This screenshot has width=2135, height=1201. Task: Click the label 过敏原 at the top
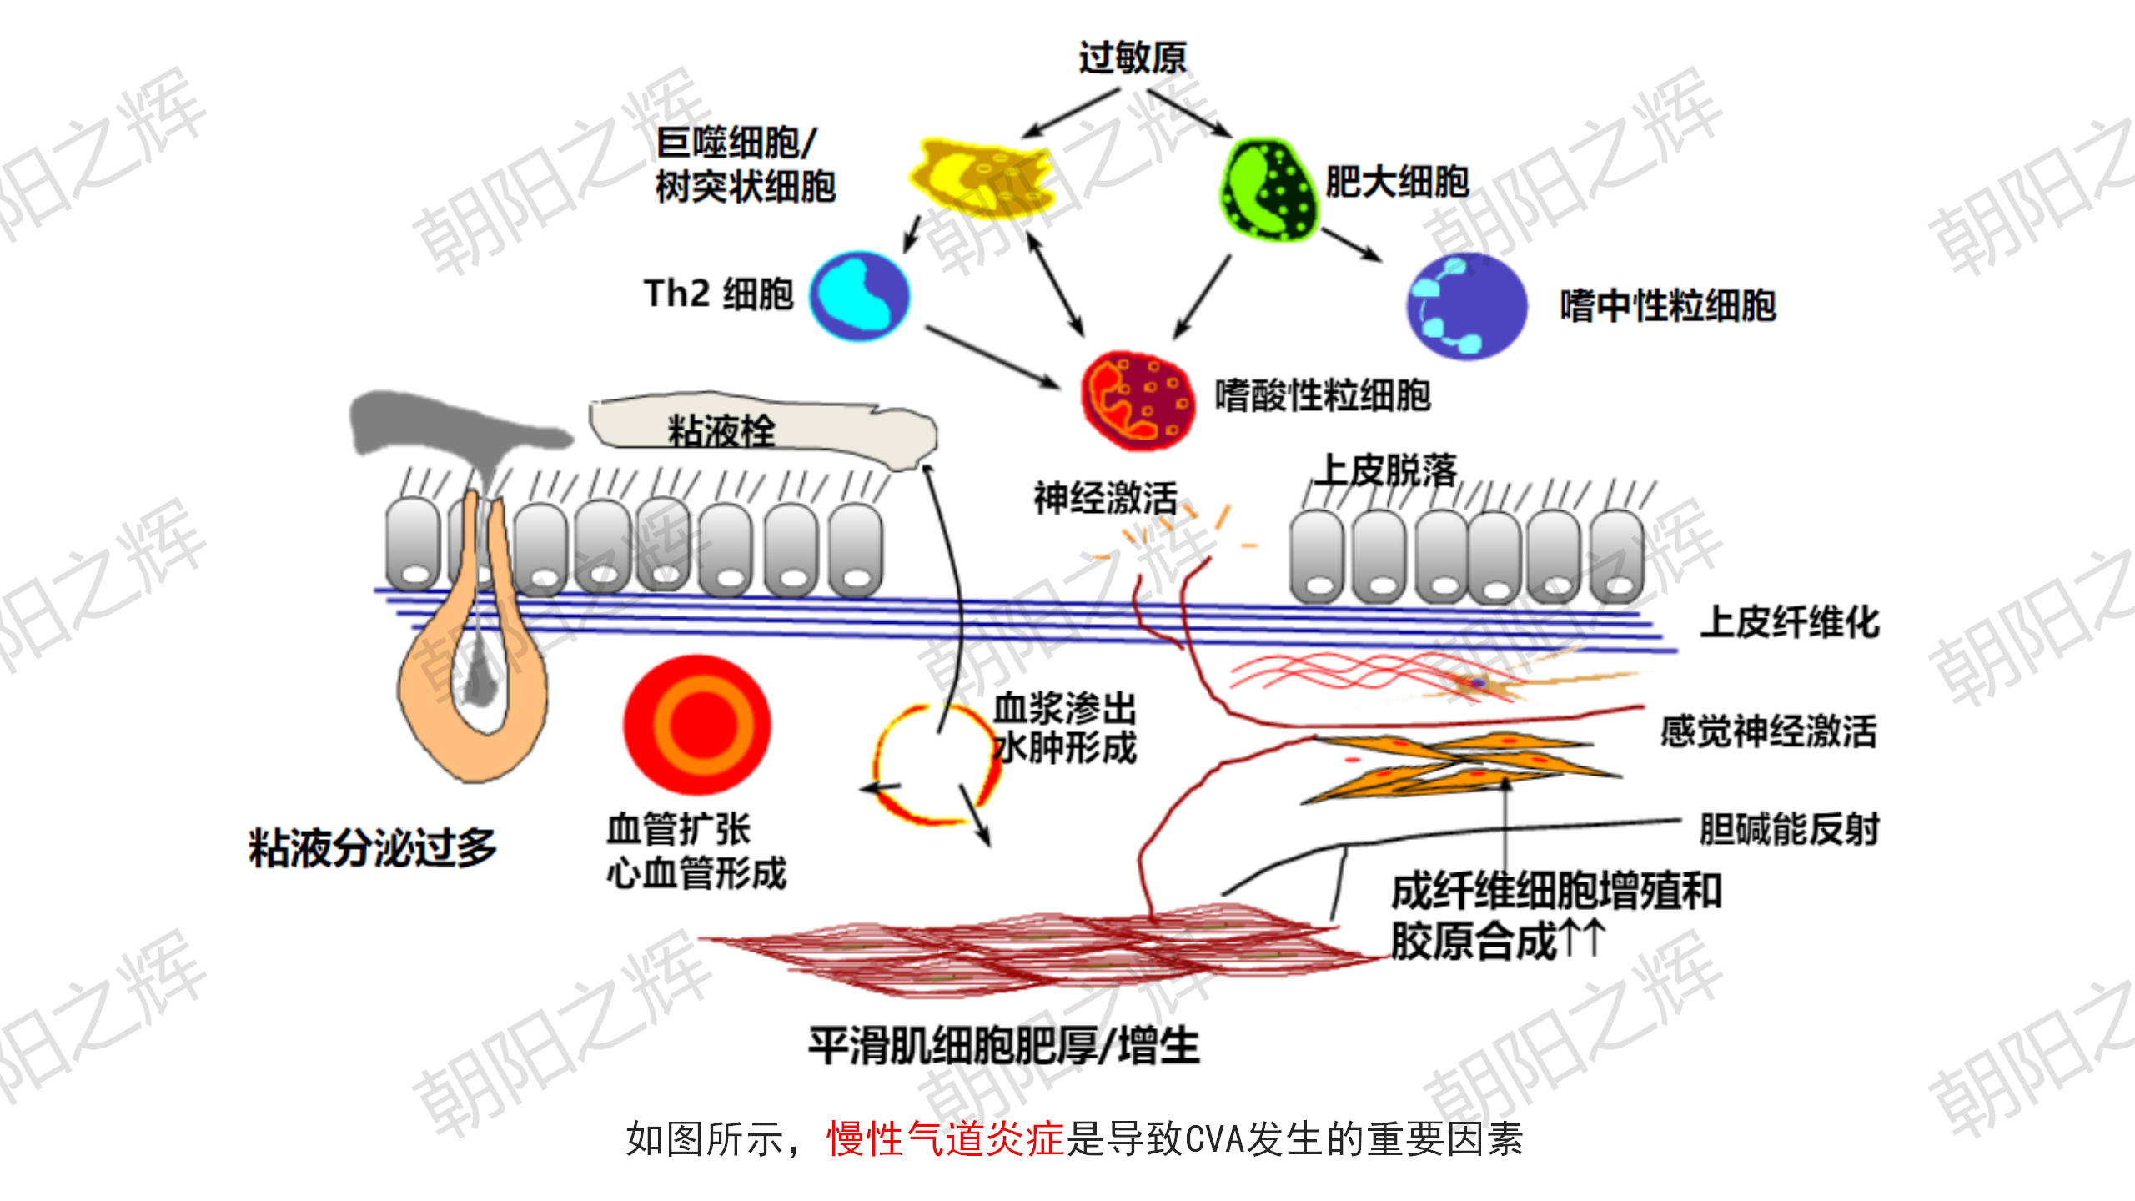click(x=1132, y=58)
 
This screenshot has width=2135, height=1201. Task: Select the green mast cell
click(x=1268, y=190)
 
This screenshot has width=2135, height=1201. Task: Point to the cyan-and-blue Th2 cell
click(x=860, y=296)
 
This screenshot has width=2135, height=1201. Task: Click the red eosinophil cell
click(x=1137, y=400)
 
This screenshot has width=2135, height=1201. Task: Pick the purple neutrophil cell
click(x=1466, y=306)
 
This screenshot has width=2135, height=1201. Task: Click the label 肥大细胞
click(x=1397, y=182)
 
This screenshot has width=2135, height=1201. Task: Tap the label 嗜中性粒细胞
click(x=1668, y=306)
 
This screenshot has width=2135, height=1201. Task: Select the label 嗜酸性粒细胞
click(x=1323, y=395)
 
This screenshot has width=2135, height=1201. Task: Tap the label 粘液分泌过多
click(x=372, y=847)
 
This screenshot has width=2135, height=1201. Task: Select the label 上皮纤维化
click(x=1790, y=622)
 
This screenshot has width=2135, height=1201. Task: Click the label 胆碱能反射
click(x=1790, y=829)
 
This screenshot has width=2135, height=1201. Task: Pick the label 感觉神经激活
click(x=1768, y=731)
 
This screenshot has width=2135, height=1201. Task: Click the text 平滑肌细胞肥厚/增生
click(x=1004, y=1045)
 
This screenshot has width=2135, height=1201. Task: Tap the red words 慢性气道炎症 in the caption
click(x=945, y=1139)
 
